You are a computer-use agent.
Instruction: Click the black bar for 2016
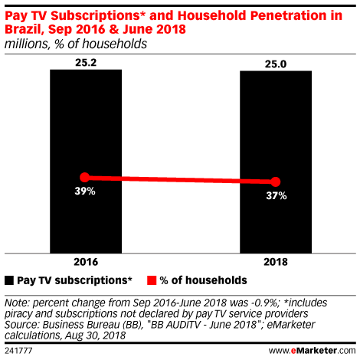(86, 162)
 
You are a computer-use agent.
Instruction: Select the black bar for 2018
(276, 162)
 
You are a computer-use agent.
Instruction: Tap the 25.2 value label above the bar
(86, 63)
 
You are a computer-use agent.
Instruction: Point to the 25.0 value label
(276, 64)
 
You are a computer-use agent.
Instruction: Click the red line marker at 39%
(85, 177)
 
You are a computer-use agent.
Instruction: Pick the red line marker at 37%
(276, 182)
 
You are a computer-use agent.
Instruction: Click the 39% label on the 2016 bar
(85, 191)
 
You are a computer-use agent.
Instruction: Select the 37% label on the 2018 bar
(277, 196)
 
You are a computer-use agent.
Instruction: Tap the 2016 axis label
(86, 262)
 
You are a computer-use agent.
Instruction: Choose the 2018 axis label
(276, 262)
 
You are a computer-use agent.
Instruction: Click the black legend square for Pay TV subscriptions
(9, 280)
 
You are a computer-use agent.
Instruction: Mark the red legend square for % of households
(152, 280)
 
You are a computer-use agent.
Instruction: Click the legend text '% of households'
(203, 280)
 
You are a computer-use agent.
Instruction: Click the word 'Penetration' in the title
(289, 15)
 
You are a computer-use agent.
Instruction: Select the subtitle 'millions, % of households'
(76, 44)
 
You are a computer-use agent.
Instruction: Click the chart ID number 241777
(18, 351)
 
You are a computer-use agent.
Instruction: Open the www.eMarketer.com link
(312, 351)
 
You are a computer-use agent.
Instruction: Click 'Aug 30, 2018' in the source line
(95, 335)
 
